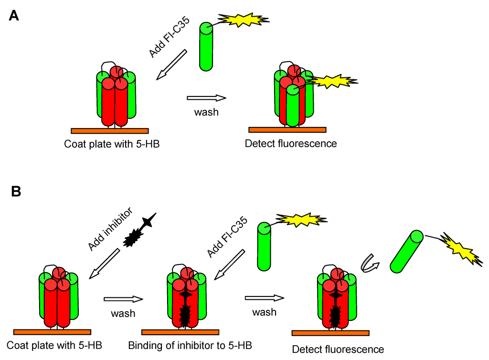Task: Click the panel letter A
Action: (x=14, y=16)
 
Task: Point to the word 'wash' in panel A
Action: (x=206, y=113)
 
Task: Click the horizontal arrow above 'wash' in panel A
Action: (x=206, y=98)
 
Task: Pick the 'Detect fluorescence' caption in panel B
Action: (x=338, y=349)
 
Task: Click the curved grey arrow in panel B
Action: (x=370, y=265)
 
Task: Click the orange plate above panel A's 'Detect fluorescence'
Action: (x=287, y=129)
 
